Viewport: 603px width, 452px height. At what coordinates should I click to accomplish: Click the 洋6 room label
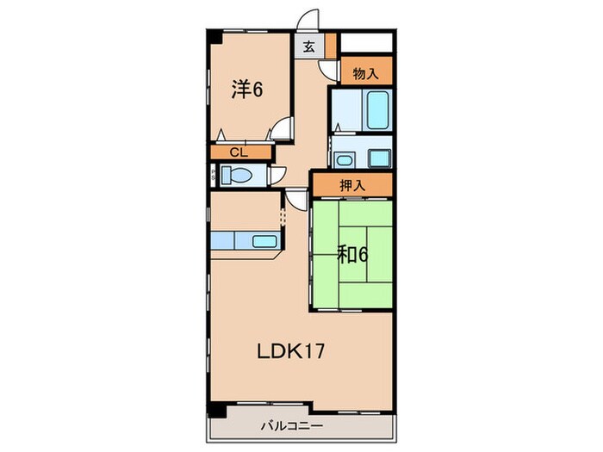click(x=247, y=90)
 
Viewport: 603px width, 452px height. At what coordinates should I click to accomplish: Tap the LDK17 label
click(x=291, y=351)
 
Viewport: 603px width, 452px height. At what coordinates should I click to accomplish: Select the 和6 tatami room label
click(x=352, y=255)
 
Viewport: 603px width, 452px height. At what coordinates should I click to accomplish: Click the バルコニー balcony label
click(x=292, y=426)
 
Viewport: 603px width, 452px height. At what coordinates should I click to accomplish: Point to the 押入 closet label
click(x=352, y=186)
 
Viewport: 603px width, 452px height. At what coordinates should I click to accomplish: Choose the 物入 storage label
click(x=366, y=73)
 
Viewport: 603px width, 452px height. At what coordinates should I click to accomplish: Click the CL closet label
click(x=239, y=152)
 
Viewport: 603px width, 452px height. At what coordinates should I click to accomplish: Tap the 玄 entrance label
click(x=308, y=46)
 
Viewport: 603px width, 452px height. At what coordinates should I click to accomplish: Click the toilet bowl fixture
click(x=236, y=176)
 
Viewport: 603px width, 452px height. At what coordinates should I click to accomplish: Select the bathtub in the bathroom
click(x=377, y=110)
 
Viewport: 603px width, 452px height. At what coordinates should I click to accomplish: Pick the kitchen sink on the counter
click(x=264, y=241)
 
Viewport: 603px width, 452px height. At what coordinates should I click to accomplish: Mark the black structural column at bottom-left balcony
click(x=216, y=410)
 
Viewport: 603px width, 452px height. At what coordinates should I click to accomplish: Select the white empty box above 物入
click(x=366, y=43)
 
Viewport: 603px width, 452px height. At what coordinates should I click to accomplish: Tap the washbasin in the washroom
click(x=345, y=159)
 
